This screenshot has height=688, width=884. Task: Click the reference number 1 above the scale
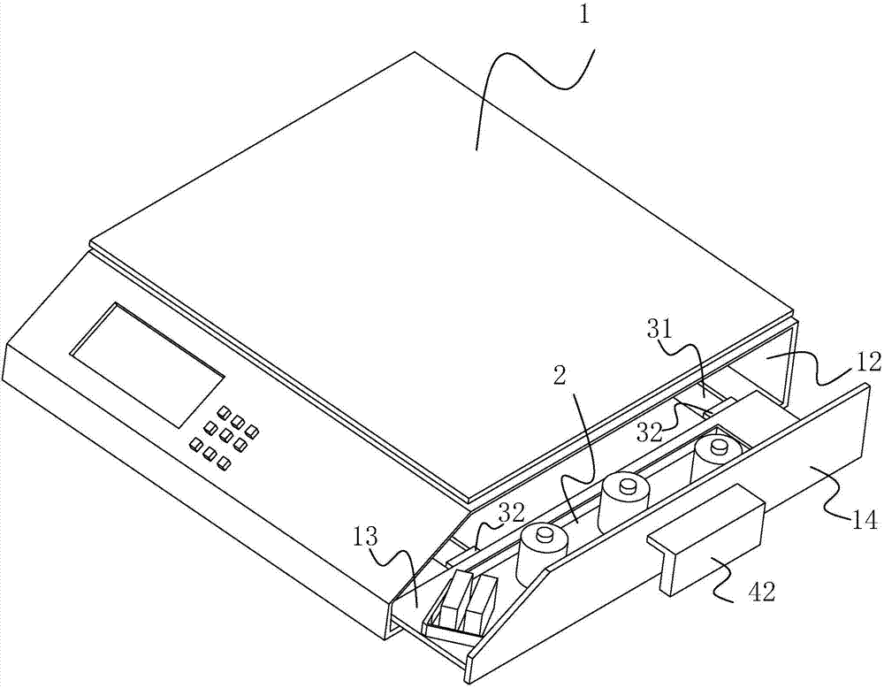[x=584, y=15]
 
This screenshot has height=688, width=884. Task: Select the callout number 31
[x=660, y=331]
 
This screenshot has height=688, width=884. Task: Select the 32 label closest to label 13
[x=511, y=513]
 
